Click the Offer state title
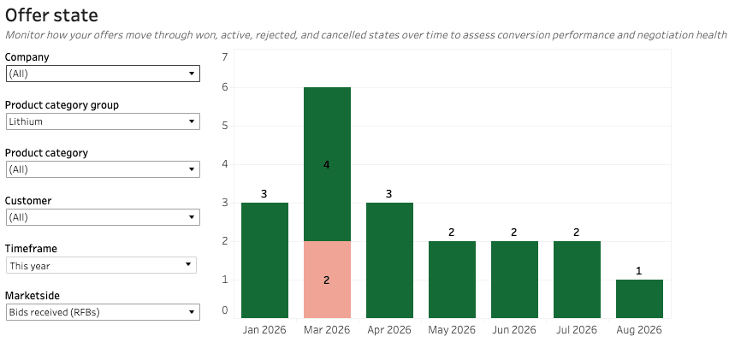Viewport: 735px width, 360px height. click(51, 15)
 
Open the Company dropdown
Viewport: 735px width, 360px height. click(104, 74)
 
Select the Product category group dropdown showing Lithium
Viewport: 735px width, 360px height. click(104, 121)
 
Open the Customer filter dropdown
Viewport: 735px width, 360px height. click(104, 217)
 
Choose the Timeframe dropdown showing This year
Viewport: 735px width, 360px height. click(101, 265)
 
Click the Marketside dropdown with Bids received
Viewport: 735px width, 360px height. click(104, 312)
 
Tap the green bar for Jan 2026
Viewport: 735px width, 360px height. click(265, 260)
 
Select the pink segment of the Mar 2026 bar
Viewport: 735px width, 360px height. click(327, 280)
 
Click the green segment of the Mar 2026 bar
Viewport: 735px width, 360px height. click(327, 164)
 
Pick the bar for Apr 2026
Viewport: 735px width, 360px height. click(389, 260)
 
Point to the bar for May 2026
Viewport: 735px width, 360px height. click(452, 280)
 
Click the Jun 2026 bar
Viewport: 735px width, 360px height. click(515, 280)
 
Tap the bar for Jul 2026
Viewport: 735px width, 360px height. click(577, 280)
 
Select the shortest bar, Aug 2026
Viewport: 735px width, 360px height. click(639, 299)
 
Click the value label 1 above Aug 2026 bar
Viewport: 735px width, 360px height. click(639, 271)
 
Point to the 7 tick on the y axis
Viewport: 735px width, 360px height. click(225, 57)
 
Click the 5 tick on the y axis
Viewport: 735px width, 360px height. click(225, 126)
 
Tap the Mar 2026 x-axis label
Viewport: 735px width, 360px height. click(327, 330)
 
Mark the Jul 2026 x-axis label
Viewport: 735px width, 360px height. click(577, 330)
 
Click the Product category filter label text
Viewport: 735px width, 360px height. click(46, 153)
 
